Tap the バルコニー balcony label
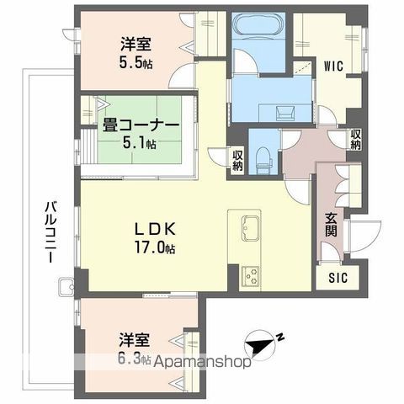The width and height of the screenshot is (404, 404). coord(50,232)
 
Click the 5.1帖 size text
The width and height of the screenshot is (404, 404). coord(139,144)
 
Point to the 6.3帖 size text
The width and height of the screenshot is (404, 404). coord(134,359)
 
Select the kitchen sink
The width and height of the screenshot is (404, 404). coord(252,227)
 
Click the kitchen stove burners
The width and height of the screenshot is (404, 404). coord(251,274)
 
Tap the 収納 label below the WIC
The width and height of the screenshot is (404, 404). coord(356,139)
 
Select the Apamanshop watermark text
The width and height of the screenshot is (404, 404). coord(210,364)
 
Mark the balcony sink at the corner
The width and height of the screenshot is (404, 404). coord(66,291)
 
